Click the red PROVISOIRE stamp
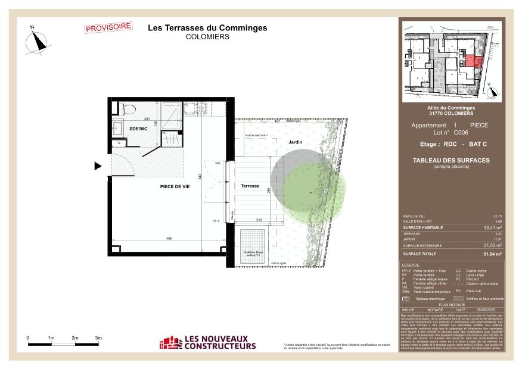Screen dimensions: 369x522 [108, 27]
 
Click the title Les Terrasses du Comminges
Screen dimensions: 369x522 [207, 28]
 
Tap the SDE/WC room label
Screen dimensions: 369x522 [138, 128]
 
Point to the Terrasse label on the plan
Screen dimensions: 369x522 [250, 186]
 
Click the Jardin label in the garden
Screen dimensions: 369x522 [296, 142]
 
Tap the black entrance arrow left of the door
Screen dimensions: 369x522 [98, 166]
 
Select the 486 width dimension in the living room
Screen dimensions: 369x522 [169, 238]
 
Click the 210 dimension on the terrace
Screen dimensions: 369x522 [259, 220]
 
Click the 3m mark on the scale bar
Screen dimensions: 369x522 [99, 337]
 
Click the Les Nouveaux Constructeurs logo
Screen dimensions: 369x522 [207, 342]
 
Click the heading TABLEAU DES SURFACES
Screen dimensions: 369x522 [451, 160]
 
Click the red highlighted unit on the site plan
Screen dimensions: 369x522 [470, 60]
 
